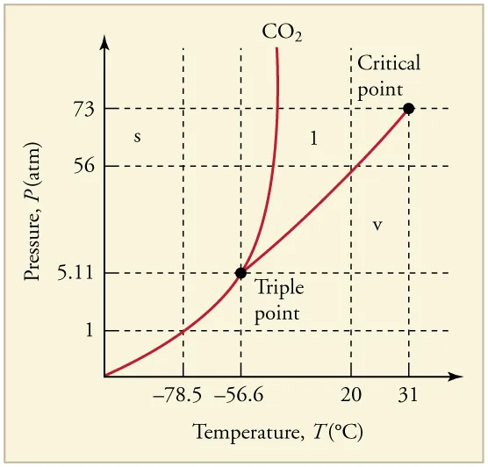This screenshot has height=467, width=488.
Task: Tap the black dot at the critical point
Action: [408, 109]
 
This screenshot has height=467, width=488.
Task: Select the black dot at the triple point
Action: [240, 273]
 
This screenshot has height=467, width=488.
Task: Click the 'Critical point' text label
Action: [389, 75]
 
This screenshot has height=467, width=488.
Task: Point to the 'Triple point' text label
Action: [277, 299]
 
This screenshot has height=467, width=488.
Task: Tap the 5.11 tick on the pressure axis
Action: [75, 273]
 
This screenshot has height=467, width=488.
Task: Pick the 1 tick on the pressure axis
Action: [89, 331]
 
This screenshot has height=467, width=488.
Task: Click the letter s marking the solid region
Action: [137, 137]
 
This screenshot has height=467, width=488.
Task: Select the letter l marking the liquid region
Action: [314, 137]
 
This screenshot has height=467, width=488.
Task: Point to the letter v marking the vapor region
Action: [377, 226]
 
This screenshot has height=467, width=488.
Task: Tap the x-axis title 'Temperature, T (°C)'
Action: [277, 433]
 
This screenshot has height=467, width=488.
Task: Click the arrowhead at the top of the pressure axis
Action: [104, 43]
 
